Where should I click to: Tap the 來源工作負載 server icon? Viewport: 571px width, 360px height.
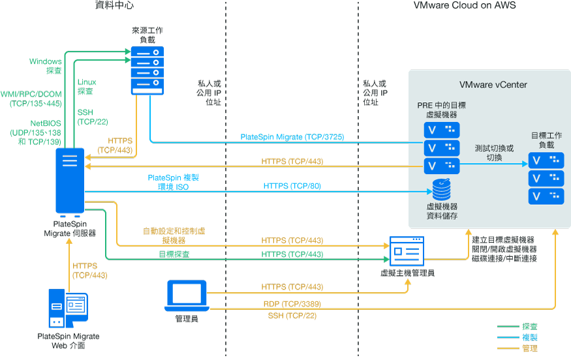point(147,69)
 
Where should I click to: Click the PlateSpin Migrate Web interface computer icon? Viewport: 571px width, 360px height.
point(68,307)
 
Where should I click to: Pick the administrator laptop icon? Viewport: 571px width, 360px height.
point(187,295)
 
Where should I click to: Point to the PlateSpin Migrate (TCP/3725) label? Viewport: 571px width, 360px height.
point(292,137)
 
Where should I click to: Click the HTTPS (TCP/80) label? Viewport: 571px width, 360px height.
point(292,186)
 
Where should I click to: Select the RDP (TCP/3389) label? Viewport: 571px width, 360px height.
point(292,304)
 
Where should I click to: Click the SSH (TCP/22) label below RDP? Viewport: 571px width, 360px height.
point(292,316)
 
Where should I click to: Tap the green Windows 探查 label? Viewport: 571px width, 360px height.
point(46,66)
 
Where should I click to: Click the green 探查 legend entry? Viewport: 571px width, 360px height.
point(529,325)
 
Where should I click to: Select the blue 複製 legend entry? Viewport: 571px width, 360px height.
point(529,337)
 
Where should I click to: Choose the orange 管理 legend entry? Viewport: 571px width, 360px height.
point(529,349)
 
